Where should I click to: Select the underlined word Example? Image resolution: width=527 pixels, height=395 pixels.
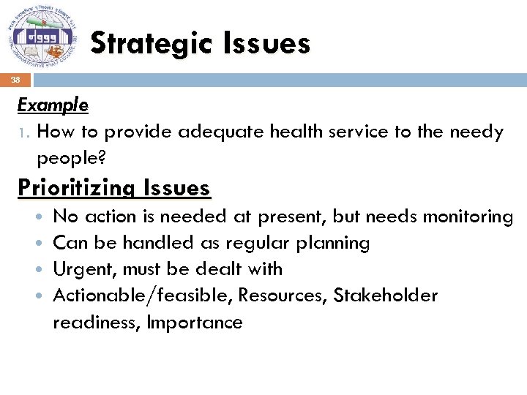(53, 105)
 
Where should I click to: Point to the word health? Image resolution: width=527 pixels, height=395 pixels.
(296, 132)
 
